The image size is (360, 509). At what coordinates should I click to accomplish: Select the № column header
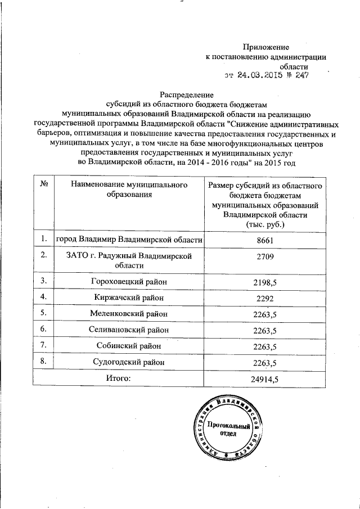pos(43,185)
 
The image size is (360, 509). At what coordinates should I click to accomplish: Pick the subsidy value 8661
pos(264,240)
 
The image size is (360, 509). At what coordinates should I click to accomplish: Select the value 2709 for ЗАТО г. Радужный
pos(264,256)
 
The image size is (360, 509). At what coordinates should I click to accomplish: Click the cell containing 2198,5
pos(264,281)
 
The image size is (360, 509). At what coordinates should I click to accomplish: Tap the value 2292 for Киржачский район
pos(264,297)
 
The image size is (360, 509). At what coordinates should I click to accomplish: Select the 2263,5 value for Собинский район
pos(264,346)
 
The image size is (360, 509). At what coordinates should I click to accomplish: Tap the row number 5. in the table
pos(43,313)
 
